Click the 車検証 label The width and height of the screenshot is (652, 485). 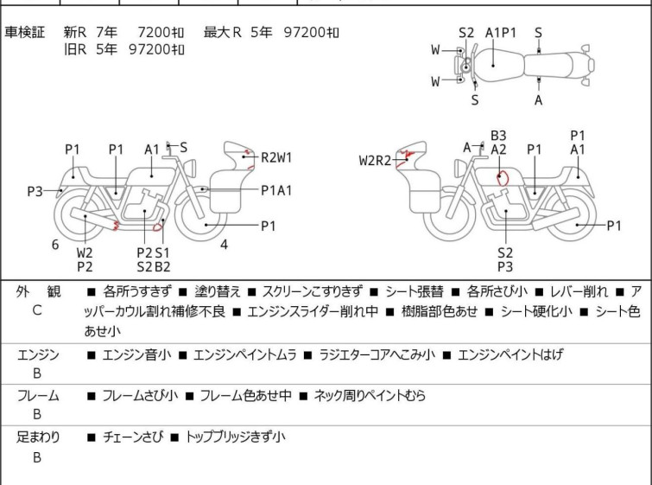tap(24, 32)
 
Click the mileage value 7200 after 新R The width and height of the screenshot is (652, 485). tap(154, 32)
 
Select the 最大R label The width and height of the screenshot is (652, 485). tap(223, 32)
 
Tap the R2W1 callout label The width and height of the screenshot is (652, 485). tap(276, 158)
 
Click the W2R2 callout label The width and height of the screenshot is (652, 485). tap(375, 160)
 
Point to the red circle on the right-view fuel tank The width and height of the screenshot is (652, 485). tap(503, 178)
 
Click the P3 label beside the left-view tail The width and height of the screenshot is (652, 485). tap(35, 192)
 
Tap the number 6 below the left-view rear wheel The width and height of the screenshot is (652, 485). tap(55, 245)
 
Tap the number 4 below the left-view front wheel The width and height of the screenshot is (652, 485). tap(225, 245)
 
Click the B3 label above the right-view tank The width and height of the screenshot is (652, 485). tap(498, 136)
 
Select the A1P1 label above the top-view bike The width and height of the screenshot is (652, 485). tap(501, 33)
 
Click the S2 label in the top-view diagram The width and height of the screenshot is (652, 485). tap(466, 33)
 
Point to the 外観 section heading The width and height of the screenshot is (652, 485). tap(38, 292)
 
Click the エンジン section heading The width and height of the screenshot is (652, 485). tap(38, 354)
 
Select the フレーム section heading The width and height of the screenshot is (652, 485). tap(38, 395)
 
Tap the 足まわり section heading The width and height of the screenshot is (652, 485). tap(38, 437)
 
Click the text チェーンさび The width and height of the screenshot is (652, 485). tap(133, 437)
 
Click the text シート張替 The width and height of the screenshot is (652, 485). tap(415, 292)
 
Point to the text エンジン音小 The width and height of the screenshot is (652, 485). tap(136, 354)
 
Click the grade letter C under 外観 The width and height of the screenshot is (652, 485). tap(37, 310)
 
